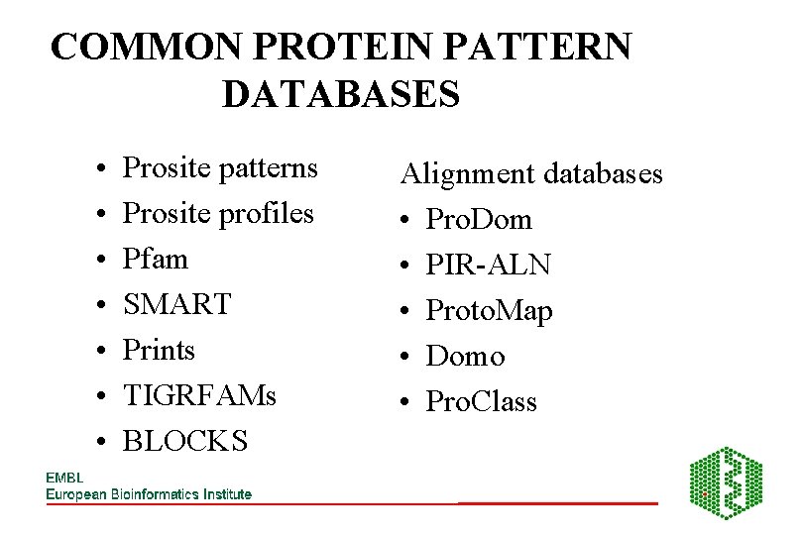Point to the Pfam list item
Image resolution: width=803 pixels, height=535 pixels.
click(x=155, y=259)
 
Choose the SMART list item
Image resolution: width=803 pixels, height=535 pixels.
click(x=176, y=304)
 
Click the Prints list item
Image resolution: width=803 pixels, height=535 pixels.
click(x=159, y=350)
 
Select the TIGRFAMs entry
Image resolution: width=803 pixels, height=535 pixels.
click(x=199, y=395)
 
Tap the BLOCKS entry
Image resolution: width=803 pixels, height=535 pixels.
click(x=184, y=441)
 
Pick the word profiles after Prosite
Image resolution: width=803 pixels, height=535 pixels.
click(x=264, y=213)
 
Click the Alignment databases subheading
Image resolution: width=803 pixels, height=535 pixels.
click(x=530, y=174)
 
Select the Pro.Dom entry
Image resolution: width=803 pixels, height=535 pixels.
click(x=479, y=220)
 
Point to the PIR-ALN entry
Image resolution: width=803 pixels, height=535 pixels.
click(x=488, y=266)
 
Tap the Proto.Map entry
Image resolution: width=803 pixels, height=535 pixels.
click(x=489, y=311)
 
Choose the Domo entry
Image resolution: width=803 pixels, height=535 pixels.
click(x=465, y=357)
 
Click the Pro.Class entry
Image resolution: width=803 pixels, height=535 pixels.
click(x=481, y=402)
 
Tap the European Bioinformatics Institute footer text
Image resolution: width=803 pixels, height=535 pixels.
click(x=149, y=494)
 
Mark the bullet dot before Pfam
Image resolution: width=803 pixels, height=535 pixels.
click(x=103, y=260)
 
